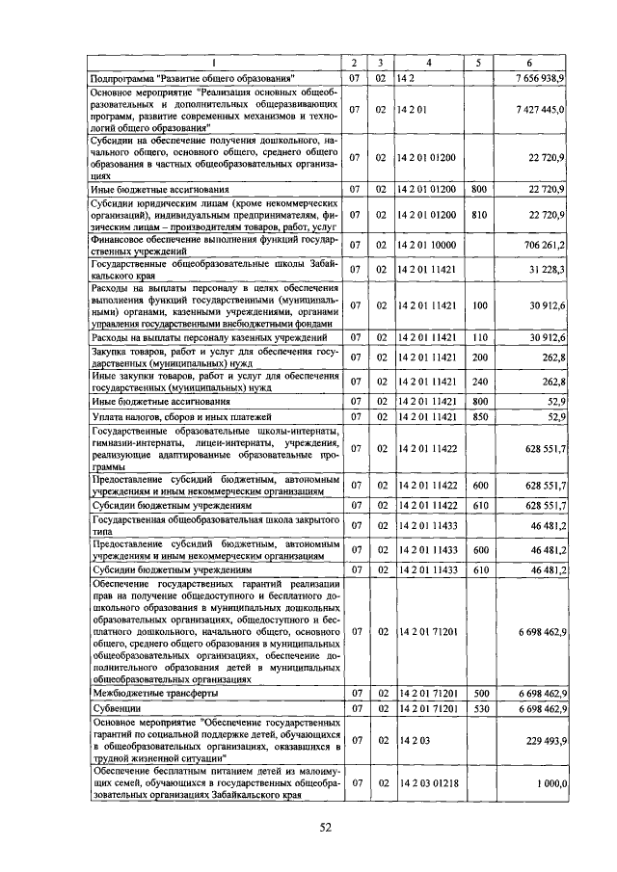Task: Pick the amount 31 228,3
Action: pos(549,269)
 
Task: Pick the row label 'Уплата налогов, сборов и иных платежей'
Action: pos(174,416)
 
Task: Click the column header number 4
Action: pos(429,60)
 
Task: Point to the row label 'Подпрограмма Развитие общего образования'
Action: pos(192,75)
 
